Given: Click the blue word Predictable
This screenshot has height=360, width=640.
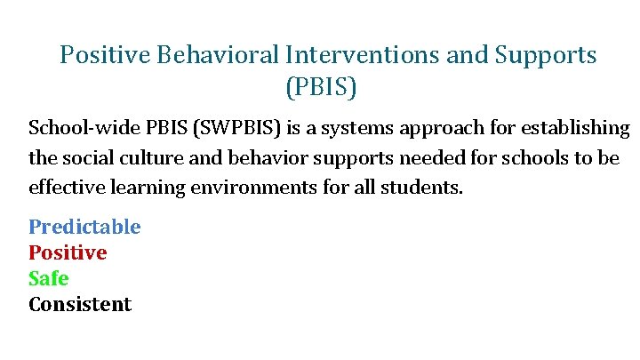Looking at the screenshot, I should pos(84,227).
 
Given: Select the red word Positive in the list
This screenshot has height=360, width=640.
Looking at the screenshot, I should pos(68,252).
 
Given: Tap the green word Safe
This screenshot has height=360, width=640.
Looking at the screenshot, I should pos(48,278).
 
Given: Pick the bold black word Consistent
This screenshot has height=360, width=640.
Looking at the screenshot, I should pos(80,304).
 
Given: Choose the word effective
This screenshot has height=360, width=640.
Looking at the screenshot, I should pos(66,188).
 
